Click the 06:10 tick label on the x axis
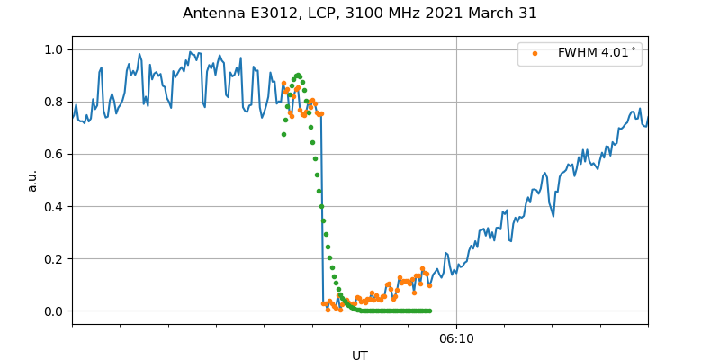coord(456,339)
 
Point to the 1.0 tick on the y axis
coord(53,49)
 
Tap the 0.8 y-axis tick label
coord(53,102)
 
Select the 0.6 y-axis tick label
coord(53,154)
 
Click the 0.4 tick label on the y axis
coord(53,206)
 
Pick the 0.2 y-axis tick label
coord(53,259)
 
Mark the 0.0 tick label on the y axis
coord(53,311)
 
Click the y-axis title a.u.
coord(32,180)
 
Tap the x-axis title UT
coord(360,355)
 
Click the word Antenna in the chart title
coord(212,13)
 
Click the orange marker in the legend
coord(534,54)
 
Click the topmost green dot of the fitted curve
coord(298,76)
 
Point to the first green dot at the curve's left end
coord(283,134)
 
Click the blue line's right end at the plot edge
coord(647,117)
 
